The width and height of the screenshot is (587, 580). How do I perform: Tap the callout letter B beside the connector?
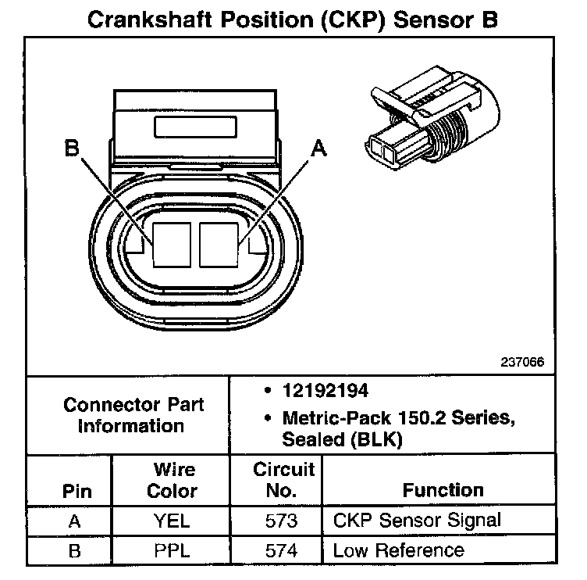[72, 147]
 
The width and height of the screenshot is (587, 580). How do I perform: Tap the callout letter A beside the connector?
[318, 147]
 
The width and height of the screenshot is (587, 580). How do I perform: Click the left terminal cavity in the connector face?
[173, 242]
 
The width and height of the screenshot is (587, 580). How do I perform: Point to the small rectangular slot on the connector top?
[194, 127]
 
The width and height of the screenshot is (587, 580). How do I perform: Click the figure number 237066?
[523, 363]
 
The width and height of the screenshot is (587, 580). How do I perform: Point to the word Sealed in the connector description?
[297, 440]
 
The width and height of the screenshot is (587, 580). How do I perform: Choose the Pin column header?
[75, 492]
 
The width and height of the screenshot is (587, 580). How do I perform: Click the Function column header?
[443, 491]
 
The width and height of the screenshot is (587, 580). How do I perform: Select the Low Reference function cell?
[398, 550]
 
